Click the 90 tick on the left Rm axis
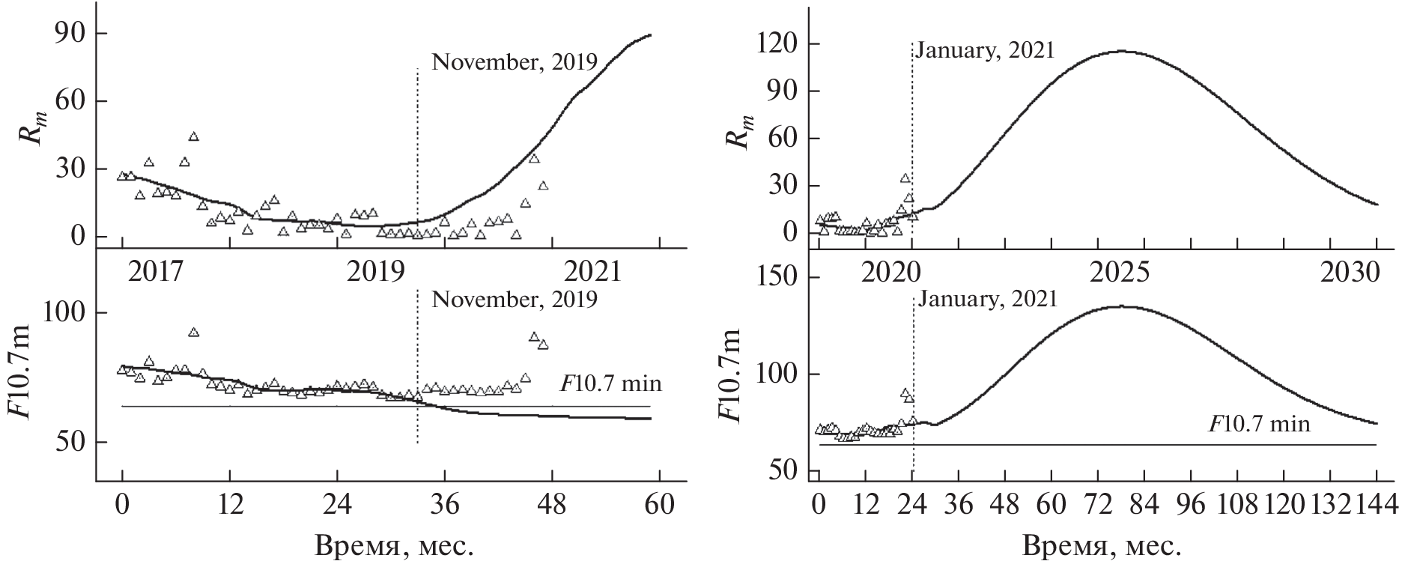click(68, 34)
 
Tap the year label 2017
click(155, 271)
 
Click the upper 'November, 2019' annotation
click(515, 61)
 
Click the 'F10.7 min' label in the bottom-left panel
click(611, 384)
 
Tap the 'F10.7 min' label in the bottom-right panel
click(1260, 425)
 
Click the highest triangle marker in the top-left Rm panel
click(193, 136)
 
